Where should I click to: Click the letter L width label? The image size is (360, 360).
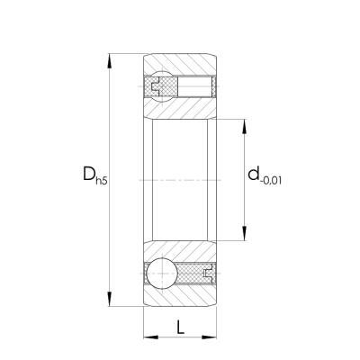(181, 325)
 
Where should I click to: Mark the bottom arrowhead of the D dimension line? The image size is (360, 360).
(110, 301)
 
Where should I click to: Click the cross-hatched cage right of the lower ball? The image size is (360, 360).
(196, 271)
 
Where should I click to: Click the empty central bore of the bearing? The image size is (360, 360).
(180, 180)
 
